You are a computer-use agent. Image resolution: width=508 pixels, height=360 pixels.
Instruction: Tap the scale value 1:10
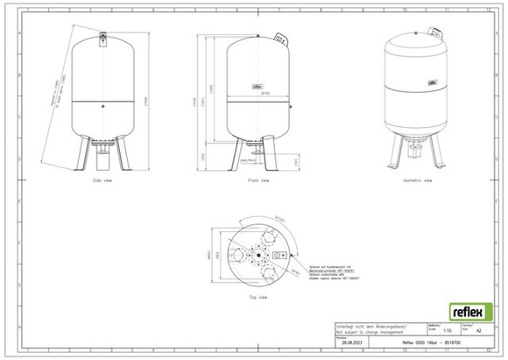pyautogui.click(x=448, y=331)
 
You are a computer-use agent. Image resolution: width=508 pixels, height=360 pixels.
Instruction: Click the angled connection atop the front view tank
pyautogui.click(x=279, y=38)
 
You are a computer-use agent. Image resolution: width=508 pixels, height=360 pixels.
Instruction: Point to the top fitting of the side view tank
pyautogui.click(x=102, y=36)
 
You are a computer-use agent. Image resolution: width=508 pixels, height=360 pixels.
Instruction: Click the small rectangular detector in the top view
pyautogui.click(x=279, y=255)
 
